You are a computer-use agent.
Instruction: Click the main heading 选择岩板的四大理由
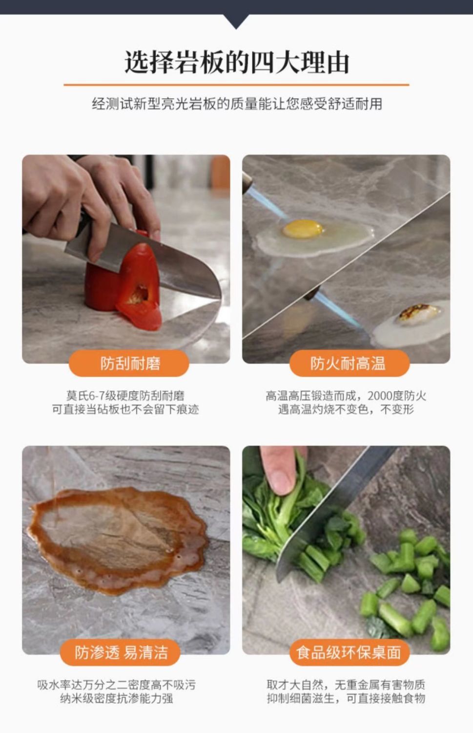(237, 62)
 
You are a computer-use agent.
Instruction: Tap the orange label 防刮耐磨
(129, 363)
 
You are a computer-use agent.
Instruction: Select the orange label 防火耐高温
(349, 363)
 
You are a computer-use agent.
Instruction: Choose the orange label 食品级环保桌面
(349, 652)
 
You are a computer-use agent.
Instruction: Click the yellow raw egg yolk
(303, 228)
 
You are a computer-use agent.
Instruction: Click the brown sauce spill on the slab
(118, 540)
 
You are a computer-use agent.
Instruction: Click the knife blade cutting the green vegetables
(330, 511)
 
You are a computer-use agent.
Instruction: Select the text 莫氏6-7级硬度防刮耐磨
(125, 396)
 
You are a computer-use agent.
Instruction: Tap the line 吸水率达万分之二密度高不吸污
(116, 685)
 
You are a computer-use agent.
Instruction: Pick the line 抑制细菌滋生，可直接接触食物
(346, 699)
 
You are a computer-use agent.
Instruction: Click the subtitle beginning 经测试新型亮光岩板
(237, 104)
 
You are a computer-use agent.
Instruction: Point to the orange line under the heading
(236, 85)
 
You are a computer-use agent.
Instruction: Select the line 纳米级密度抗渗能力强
(116, 699)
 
